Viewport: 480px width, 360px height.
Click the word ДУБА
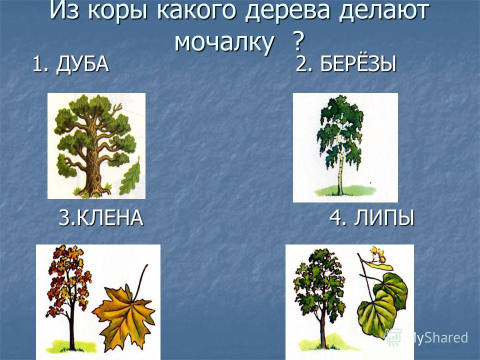82,64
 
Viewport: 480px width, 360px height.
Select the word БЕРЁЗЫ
358,64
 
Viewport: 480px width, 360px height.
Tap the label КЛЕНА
109,218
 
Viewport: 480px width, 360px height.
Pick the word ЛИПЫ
384,218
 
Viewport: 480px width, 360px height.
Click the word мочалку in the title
224,41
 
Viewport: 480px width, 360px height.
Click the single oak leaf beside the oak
130,177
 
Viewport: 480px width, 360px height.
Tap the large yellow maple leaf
124,315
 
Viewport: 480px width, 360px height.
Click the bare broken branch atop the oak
116,108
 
